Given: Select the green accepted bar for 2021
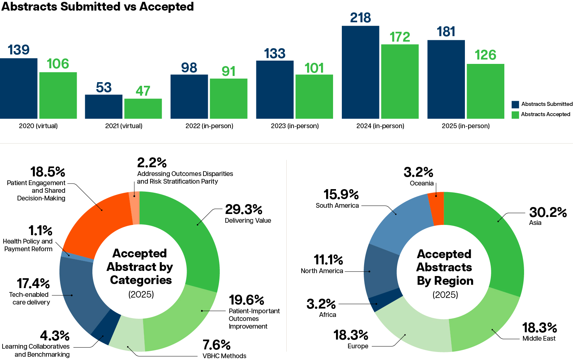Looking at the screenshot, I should tap(143, 108).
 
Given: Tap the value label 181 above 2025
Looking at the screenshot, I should tap(446, 32).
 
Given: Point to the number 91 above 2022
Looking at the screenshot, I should tap(228, 71).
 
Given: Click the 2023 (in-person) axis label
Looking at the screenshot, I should tap(295, 126).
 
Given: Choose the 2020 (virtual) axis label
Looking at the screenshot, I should tap(38, 126).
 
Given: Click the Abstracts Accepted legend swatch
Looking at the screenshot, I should tap(515, 115).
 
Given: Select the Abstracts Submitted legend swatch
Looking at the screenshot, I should tap(515, 104).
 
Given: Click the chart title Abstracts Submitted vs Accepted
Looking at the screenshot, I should tap(98, 7).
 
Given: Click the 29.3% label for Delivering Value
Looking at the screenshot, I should tap(244, 210).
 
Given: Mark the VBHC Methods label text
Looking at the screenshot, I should tap(224, 356).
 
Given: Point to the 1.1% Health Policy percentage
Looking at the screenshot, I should tap(40, 231).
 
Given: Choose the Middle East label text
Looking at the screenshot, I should tap(539, 338).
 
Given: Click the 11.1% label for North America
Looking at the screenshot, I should tap(328, 260).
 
